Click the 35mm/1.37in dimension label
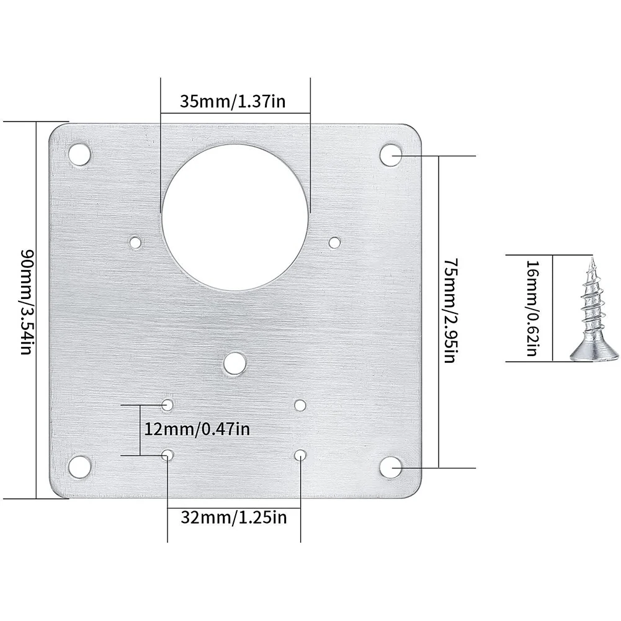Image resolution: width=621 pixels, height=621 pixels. (x=233, y=101)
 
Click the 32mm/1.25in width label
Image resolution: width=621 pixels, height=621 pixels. (x=233, y=517)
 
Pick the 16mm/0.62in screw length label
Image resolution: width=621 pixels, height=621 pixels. (x=533, y=308)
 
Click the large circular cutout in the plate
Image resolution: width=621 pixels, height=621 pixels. (x=235, y=217)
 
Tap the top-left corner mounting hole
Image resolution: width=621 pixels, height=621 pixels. (x=79, y=154)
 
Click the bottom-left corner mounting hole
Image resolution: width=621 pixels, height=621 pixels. (x=79, y=467)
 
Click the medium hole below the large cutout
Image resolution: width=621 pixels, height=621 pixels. (x=234, y=364)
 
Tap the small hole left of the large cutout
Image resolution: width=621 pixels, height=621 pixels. (x=135, y=242)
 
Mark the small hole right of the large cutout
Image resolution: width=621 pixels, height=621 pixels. (x=334, y=242)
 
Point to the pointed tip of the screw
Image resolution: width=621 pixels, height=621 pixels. (x=592, y=259)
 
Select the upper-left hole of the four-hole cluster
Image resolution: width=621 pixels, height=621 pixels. (x=168, y=405)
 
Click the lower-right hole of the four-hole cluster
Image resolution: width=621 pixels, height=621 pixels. (x=300, y=455)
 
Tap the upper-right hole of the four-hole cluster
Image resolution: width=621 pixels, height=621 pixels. (x=300, y=405)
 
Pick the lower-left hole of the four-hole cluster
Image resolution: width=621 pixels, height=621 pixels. (x=168, y=455)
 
